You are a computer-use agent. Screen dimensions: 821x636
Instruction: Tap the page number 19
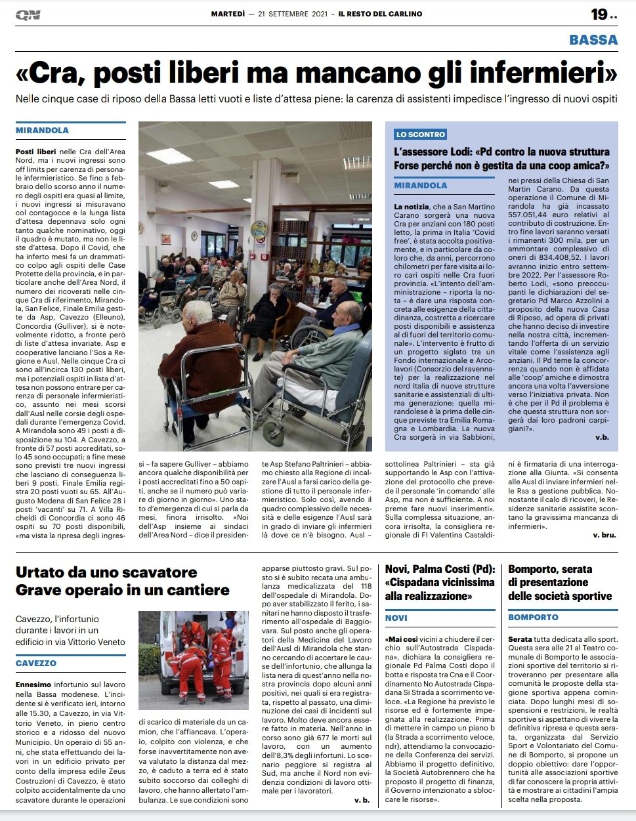599,14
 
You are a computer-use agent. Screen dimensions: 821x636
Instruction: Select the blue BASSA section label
593,39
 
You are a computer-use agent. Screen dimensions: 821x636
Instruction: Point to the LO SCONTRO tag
421,135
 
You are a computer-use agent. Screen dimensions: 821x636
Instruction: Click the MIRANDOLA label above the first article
43,131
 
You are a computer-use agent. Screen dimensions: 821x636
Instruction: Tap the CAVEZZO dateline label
36,663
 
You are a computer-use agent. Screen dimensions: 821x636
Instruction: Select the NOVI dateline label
396,618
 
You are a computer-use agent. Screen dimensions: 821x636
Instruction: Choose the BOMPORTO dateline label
533,618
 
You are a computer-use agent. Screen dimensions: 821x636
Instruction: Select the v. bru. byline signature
604,535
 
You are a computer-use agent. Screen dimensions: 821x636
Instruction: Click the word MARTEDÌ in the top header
228,14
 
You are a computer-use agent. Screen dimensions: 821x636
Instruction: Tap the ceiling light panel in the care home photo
169,155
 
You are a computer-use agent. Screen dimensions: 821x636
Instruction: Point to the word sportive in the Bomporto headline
583,596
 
